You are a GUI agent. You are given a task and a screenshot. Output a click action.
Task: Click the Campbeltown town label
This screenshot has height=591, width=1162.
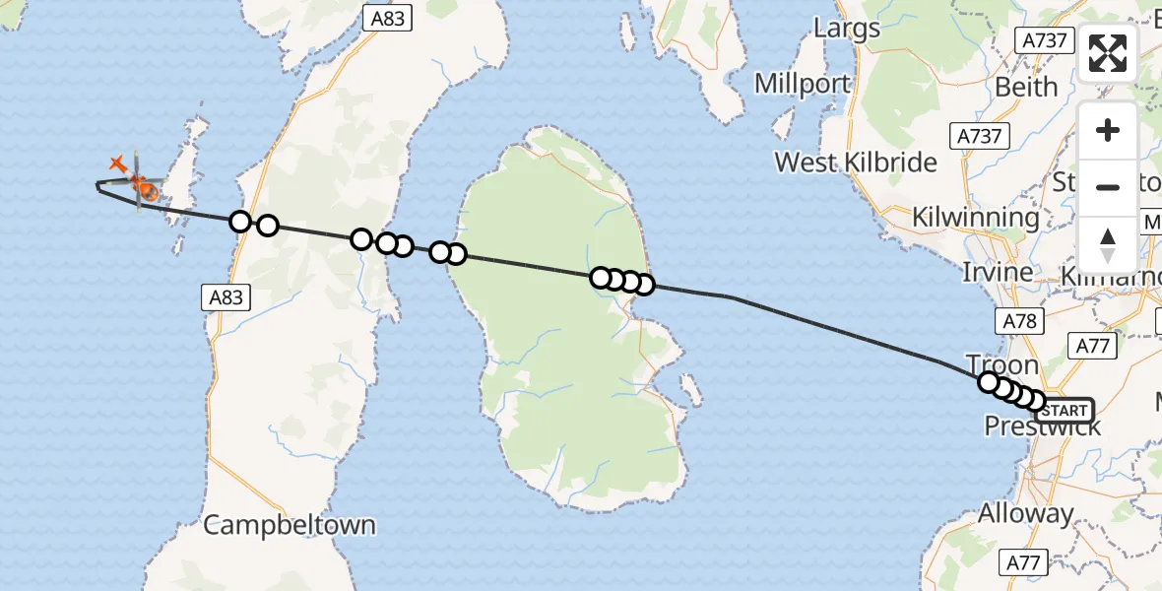[x=290, y=524]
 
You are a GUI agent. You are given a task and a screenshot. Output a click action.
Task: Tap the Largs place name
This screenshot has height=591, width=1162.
[x=847, y=28]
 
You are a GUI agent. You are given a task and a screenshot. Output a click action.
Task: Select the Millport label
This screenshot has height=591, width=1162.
[x=803, y=84]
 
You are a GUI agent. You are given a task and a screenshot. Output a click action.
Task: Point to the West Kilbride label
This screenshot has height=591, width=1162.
[x=856, y=162]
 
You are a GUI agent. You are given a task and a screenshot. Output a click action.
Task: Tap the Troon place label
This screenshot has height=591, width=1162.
[x=1002, y=365]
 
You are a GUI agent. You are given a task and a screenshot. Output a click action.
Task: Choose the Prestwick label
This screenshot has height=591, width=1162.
[x=1043, y=427]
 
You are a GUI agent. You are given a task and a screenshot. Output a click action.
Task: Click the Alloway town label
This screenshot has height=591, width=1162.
[x=1026, y=513]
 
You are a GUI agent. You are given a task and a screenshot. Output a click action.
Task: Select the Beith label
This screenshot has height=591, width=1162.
[x=1026, y=87]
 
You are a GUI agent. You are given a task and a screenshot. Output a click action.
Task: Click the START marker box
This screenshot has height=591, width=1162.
[x=1065, y=410]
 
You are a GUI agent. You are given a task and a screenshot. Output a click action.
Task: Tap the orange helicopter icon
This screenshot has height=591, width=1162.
[x=143, y=184]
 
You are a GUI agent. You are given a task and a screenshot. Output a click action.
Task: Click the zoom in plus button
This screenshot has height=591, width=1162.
[x=1108, y=130]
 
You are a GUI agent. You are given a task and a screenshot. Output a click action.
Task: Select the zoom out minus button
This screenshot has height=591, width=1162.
[x=1108, y=187]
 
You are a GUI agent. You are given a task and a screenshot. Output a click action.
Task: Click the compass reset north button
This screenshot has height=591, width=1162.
[x=1108, y=244]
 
